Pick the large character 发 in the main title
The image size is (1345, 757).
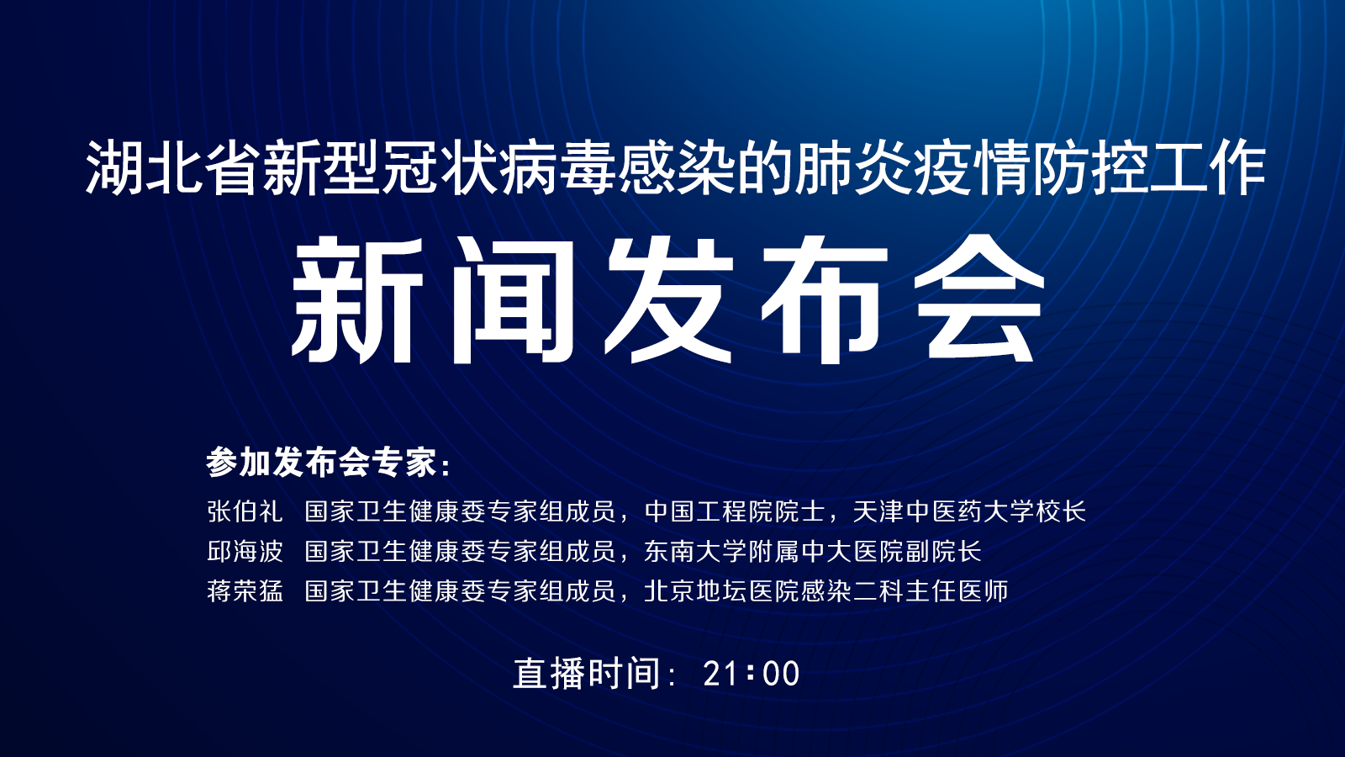(667, 299)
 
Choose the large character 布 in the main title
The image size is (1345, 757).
(824, 299)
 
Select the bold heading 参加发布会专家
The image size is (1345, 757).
(321, 463)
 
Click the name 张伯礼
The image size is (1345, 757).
(245, 511)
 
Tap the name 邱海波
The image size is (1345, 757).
(245, 551)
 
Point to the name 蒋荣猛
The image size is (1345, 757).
(245, 591)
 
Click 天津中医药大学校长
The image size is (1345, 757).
(969, 511)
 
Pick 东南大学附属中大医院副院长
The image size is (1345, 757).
(813, 551)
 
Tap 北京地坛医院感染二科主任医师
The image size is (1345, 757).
(826, 591)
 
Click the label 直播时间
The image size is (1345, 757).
(588, 674)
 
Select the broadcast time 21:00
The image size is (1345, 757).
(752, 674)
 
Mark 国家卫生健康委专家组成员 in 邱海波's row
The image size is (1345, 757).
(460, 551)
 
